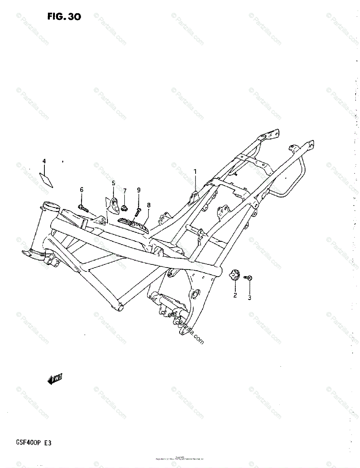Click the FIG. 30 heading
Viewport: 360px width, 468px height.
click(64, 17)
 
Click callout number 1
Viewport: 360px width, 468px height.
click(195, 171)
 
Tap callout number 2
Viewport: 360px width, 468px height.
click(235, 295)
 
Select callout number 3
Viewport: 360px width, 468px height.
click(249, 298)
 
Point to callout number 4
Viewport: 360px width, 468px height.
click(44, 161)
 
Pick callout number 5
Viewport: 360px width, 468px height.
click(113, 183)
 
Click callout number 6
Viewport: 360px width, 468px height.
click(81, 190)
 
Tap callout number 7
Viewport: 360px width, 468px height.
click(125, 191)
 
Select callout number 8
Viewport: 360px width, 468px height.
click(148, 205)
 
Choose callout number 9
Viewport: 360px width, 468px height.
click(139, 190)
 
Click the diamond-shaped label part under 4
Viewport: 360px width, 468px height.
click(46, 180)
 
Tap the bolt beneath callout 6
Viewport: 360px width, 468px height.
click(83, 207)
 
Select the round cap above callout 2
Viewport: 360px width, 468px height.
click(235, 275)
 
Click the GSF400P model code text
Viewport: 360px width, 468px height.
click(24, 443)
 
